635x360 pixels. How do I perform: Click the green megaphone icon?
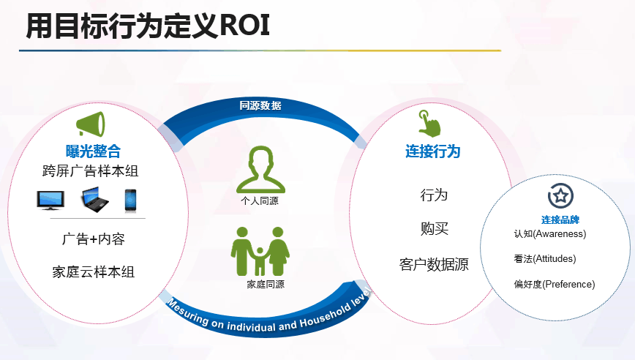(91, 124)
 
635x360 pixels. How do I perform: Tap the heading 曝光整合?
(93, 151)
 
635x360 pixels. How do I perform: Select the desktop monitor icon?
(50, 200)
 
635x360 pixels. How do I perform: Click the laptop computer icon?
(95, 199)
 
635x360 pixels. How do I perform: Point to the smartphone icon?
(130, 200)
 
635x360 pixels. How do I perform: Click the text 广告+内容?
(93, 239)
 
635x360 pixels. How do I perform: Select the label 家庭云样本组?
(93, 271)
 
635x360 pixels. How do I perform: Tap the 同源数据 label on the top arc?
(260, 105)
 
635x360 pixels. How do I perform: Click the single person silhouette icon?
(260, 170)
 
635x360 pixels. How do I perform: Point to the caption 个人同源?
(260, 201)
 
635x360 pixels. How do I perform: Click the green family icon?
(260, 252)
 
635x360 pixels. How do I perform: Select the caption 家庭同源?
(266, 285)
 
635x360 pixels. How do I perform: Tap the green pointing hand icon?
(429, 124)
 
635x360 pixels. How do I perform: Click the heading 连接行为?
(433, 151)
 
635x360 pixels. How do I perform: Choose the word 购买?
(434, 229)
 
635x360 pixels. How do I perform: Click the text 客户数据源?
(434, 264)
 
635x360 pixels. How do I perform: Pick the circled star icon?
(561, 196)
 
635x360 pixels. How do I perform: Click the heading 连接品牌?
(560, 220)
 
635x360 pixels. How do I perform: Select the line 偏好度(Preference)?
(555, 285)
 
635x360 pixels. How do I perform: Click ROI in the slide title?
(244, 26)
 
